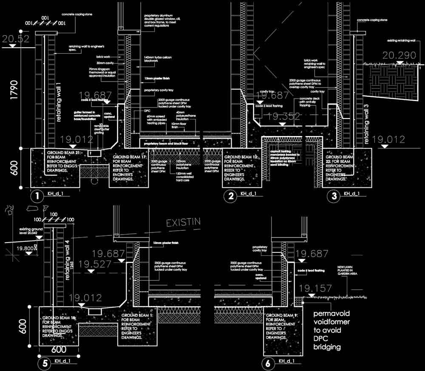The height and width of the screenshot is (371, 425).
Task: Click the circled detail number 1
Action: pos(37,196)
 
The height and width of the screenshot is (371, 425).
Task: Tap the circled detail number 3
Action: pos(334,196)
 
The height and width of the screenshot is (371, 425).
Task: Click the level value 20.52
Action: pos(16,39)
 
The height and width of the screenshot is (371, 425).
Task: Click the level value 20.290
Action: pos(399,56)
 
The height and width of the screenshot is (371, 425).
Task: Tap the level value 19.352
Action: pos(284,116)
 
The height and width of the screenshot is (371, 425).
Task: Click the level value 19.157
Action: pos(315,289)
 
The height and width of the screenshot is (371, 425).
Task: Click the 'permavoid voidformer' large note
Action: pos(332,331)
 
